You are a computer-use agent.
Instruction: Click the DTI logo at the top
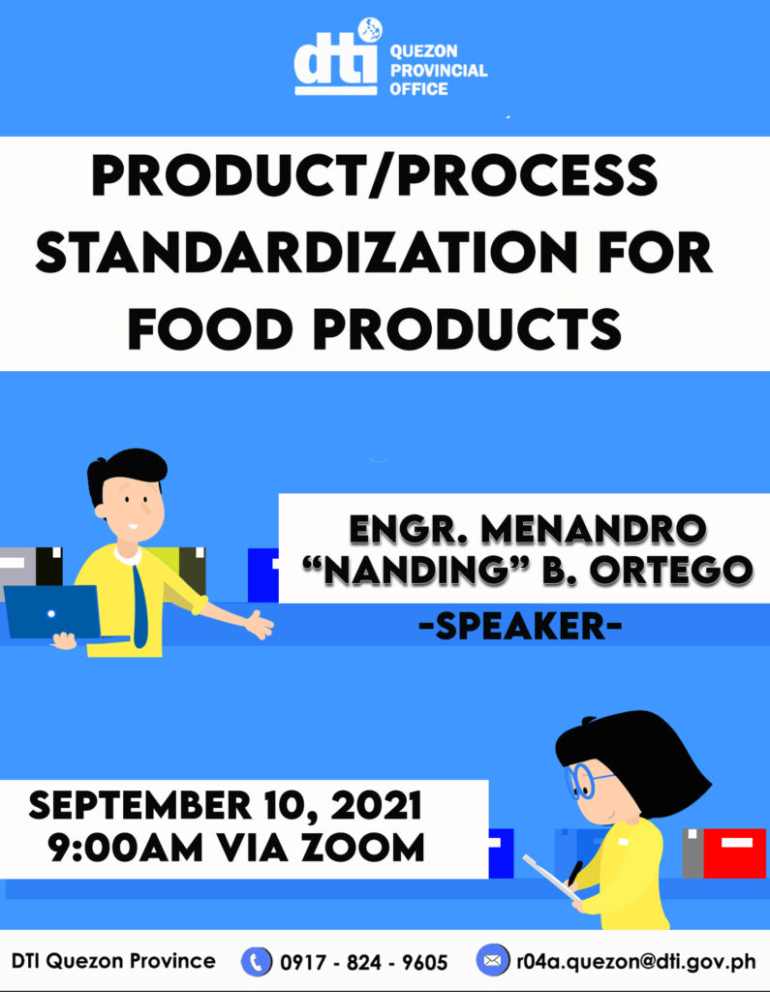tap(335, 60)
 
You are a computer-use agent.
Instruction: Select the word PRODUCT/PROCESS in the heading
tap(373, 178)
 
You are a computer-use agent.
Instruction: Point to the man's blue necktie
tap(139, 604)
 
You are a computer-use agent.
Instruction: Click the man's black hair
tap(126, 469)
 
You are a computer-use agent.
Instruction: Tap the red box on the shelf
tap(734, 853)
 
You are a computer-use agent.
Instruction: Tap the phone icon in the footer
tap(256, 961)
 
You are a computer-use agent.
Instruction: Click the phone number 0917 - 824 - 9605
tap(363, 962)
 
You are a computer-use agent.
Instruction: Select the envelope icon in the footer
tap(492, 961)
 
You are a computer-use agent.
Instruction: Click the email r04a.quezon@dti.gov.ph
tap(635, 961)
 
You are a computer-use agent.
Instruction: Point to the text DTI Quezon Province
tap(113, 961)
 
